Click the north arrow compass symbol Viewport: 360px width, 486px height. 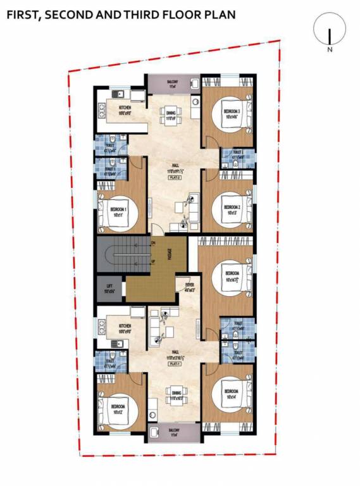click(329, 32)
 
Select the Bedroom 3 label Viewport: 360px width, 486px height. click(232, 114)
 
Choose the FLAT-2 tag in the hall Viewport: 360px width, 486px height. click(175, 178)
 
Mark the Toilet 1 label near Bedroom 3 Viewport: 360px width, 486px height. click(238, 154)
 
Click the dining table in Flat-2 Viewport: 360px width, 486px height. click(171, 114)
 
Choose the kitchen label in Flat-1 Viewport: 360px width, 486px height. click(123, 328)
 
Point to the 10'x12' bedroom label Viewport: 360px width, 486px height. click(118, 409)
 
